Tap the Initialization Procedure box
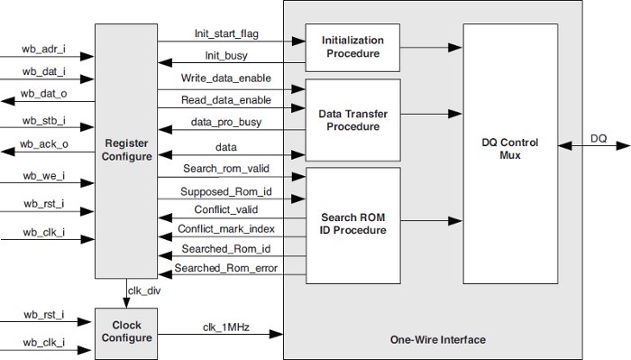tap(352, 47)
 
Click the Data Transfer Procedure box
tap(352, 121)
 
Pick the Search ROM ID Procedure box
tap(352, 225)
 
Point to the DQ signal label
tap(599, 138)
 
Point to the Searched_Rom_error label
tap(226, 268)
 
